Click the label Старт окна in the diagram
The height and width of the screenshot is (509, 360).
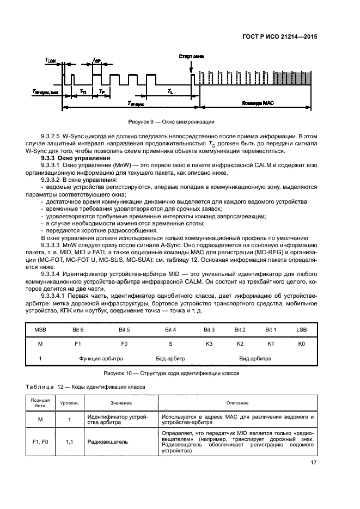[x=191, y=56]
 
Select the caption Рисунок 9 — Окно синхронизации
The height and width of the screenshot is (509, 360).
[x=171, y=122]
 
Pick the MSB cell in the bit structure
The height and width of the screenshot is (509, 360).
[x=40, y=330]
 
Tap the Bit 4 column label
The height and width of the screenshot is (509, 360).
[x=170, y=330]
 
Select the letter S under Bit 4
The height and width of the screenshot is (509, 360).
[x=170, y=344]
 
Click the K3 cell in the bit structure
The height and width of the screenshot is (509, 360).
[x=209, y=344]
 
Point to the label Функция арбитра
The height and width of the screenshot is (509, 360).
[x=101, y=359]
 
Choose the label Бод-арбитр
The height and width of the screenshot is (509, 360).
[x=170, y=359]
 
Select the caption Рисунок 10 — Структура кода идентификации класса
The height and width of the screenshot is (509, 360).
[x=171, y=374]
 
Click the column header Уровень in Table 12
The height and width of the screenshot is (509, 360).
[x=69, y=403]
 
